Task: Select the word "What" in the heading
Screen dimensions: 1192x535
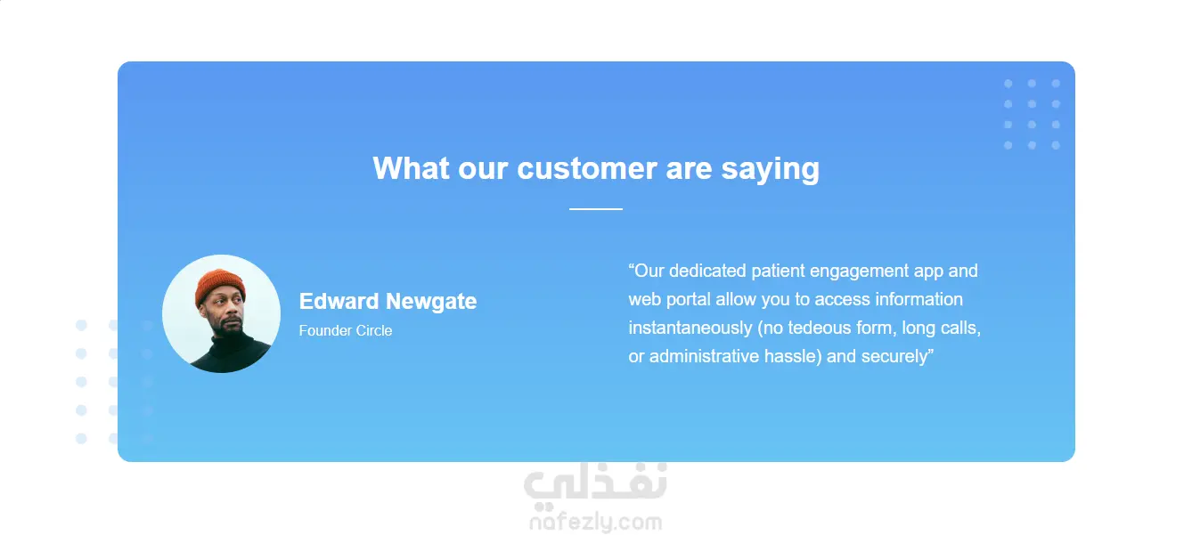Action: point(411,168)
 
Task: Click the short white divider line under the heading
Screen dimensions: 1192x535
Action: point(595,209)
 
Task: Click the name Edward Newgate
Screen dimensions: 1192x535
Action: point(388,301)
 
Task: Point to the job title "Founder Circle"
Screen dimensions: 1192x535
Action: point(346,331)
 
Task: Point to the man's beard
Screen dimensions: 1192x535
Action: point(229,325)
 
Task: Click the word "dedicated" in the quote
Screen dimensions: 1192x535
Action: point(707,271)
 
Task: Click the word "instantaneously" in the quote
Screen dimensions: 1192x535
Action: point(690,328)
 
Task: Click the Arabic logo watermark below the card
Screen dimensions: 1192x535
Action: point(595,485)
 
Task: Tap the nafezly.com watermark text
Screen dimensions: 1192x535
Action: point(595,523)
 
